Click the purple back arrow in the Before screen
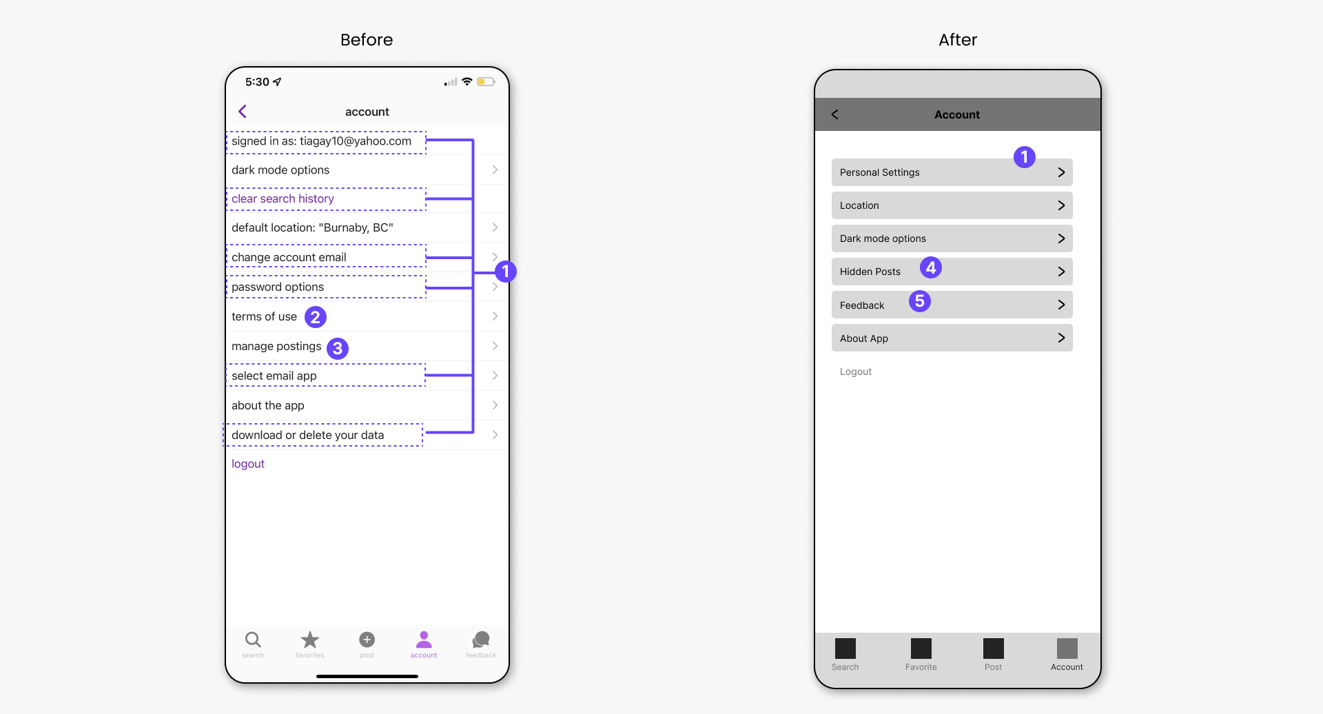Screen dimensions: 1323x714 pos(243,112)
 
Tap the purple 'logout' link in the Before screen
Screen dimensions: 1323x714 pos(248,464)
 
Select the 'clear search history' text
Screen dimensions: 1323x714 pos(283,198)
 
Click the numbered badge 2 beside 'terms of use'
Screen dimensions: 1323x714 pos(316,317)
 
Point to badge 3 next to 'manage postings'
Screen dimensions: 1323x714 pos(338,349)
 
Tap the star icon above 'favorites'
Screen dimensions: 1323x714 pos(310,640)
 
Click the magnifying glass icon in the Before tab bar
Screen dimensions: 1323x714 pos(253,640)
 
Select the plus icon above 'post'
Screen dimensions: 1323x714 pos(367,640)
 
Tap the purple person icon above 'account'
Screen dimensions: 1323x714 pos(424,640)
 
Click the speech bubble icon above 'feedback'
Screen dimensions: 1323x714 pos(481,640)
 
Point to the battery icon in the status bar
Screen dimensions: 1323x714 pos(486,81)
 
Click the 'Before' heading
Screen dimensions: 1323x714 pos(367,40)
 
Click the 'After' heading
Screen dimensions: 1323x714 pos(958,40)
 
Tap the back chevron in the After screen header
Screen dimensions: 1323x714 pos(834,114)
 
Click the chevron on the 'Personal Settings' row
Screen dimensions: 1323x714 pos(1061,172)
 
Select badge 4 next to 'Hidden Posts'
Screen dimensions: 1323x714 pos(931,267)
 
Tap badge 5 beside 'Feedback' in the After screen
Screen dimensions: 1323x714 pos(920,301)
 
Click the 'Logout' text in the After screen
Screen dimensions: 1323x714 pos(856,371)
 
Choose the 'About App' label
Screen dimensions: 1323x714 pos(864,338)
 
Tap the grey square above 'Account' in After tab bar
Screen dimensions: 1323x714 pos(1067,649)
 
